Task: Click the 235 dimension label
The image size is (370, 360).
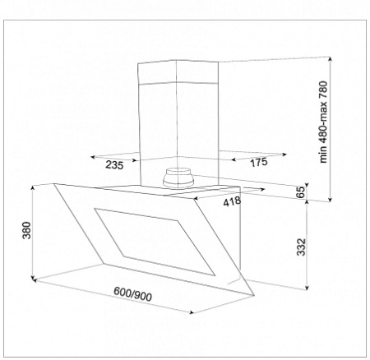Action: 114,165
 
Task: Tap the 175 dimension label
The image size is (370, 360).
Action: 259,162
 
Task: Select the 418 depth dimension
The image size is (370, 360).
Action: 232,201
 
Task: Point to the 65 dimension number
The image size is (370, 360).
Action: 301,192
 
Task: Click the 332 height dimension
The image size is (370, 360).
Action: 301,247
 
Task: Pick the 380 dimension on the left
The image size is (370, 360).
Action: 27,230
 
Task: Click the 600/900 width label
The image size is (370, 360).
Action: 132,294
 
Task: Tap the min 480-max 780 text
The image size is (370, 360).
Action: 323,122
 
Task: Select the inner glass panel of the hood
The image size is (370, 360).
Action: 155,242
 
